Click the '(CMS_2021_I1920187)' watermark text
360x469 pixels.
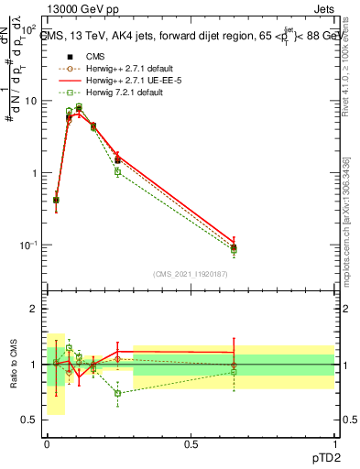[x=190, y=274]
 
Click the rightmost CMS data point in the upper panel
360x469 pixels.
[x=234, y=247]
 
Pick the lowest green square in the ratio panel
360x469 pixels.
[x=118, y=393]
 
